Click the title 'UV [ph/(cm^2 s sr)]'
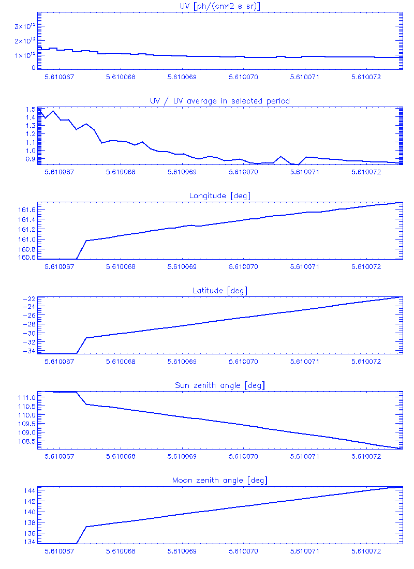tap(219, 6)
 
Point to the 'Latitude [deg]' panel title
tap(219, 291)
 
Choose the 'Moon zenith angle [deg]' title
tap(219, 481)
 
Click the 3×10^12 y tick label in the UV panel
tap(25, 26)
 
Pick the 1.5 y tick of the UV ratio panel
tap(29, 110)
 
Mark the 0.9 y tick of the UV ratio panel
tap(29, 159)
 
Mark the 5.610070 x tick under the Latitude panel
tap(244, 362)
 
